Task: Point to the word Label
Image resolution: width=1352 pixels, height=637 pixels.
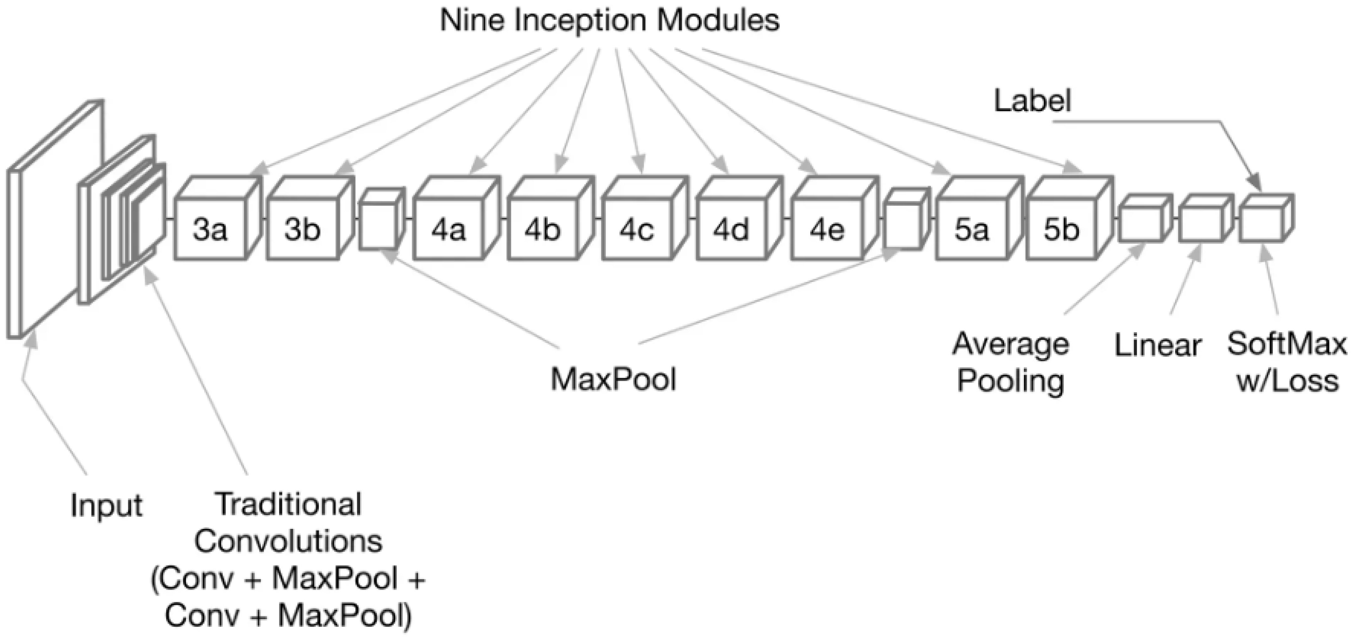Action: click(x=1032, y=100)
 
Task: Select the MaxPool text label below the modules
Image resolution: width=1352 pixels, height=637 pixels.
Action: click(x=613, y=379)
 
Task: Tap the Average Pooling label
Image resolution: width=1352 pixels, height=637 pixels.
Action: click(x=1010, y=362)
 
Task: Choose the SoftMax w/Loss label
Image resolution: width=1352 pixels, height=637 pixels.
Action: click(x=1287, y=362)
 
